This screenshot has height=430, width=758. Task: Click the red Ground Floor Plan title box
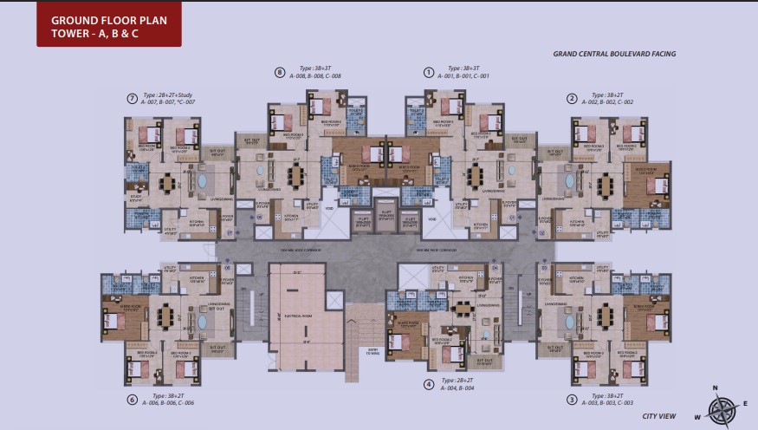(x=109, y=24)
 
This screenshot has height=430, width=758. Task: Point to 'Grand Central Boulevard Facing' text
(x=614, y=54)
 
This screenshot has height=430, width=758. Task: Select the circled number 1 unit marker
(x=428, y=72)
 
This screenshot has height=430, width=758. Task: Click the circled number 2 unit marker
(x=572, y=98)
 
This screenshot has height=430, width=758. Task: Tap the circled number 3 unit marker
(x=572, y=400)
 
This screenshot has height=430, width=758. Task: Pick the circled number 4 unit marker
(x=428, y=384)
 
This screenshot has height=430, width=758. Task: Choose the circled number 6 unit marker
(x=132, y=400)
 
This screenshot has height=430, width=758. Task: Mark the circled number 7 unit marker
(x=132, y=98)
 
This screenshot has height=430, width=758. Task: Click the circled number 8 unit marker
(x=279, y=72)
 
